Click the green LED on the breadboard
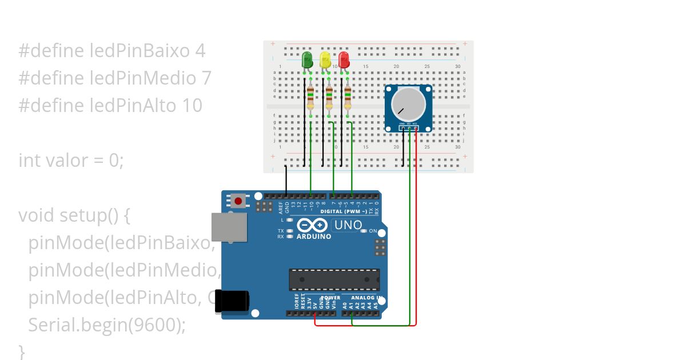[x=307, y=59]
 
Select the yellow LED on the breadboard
[x=325, y=59]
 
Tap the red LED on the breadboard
[x=344, y=59]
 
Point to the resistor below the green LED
[x=310, y=98]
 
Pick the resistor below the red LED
[x=347, y=98]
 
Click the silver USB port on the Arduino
[x=229, y=227]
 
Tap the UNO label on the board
[x=348, y=225]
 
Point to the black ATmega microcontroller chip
[x=334, y=279]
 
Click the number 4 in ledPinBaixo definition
[x=200, y=51]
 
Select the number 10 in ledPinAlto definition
[x=193, y=106]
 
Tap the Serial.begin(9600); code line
[x=107, y=325]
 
